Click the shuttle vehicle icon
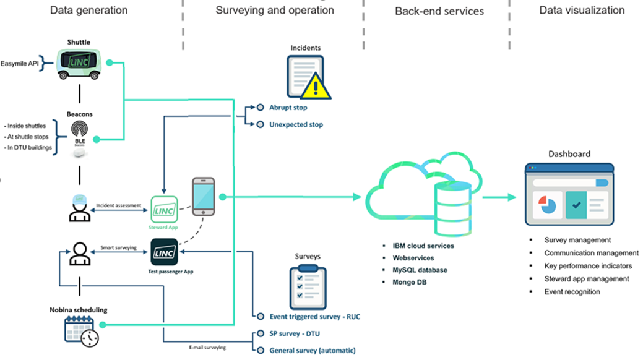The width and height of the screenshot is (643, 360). point(79,63)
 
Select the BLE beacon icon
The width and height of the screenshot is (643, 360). point(79,132)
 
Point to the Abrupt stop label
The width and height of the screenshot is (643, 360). point(288,108)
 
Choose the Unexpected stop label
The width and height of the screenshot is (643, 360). point(296,124)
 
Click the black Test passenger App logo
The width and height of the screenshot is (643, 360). point(164,252)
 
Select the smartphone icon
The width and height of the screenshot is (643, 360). point(203,197)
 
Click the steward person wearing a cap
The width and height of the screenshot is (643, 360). point(79,208)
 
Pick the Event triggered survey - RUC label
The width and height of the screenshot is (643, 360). point(314,317)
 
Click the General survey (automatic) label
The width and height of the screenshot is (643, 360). point(313,350)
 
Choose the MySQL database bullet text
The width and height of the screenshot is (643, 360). point(420,270)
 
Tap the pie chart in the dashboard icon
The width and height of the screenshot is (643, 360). point(548,206)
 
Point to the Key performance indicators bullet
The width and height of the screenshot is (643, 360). point(588,266)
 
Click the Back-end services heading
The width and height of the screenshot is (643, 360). point(439,11)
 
